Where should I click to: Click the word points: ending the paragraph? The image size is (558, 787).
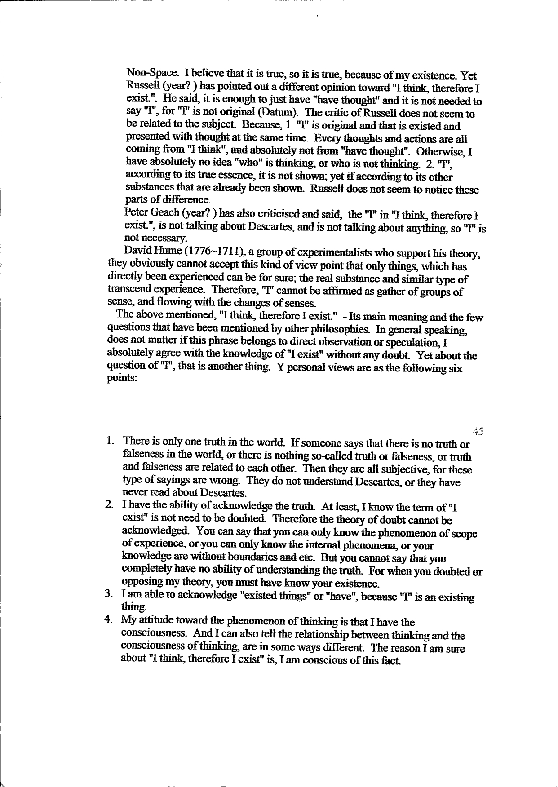point(120,379)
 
